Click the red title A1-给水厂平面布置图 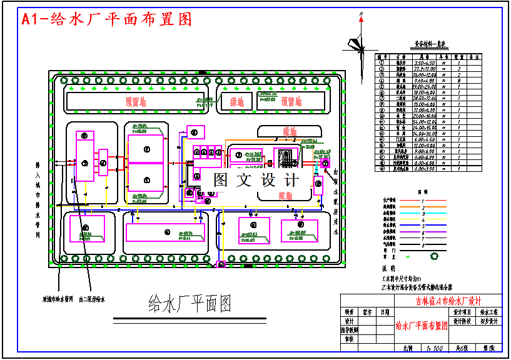106,19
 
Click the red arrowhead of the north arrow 360,20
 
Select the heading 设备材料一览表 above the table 430,44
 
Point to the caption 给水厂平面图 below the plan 190,304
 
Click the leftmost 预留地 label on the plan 135,100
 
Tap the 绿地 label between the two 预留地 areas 236,101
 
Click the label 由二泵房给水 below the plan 92,299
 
